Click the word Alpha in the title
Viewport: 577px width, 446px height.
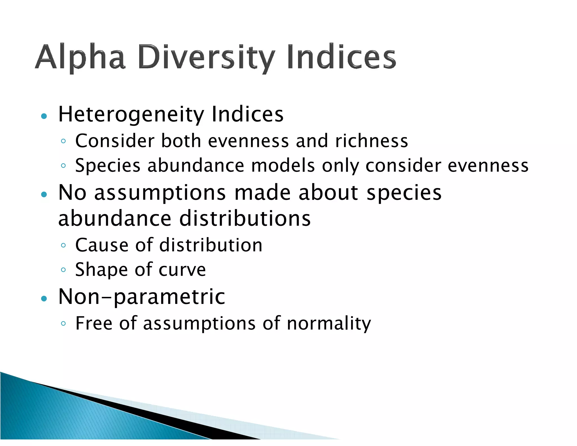tap(80, 57)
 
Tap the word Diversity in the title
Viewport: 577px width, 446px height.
tap(207, 57)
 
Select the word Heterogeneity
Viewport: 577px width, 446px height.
tap(131, 115)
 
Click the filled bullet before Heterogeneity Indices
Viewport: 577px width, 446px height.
tap(44, 116)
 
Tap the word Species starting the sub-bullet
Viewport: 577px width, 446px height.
tap(108, 166)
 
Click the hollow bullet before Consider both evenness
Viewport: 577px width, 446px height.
tap(63, 141)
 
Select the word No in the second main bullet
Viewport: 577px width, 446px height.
tap(72, 193)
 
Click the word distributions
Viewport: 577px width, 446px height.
tap(245, 218)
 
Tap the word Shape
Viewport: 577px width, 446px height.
tap(101, 270)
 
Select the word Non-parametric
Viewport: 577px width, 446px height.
tap(141, 297)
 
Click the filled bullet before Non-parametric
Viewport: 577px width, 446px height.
tap(44, 299)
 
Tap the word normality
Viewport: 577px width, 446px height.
tap(329, 324)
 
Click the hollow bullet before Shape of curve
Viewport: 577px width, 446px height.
tap(63, 270)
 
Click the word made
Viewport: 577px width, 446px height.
tap(262, 193)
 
